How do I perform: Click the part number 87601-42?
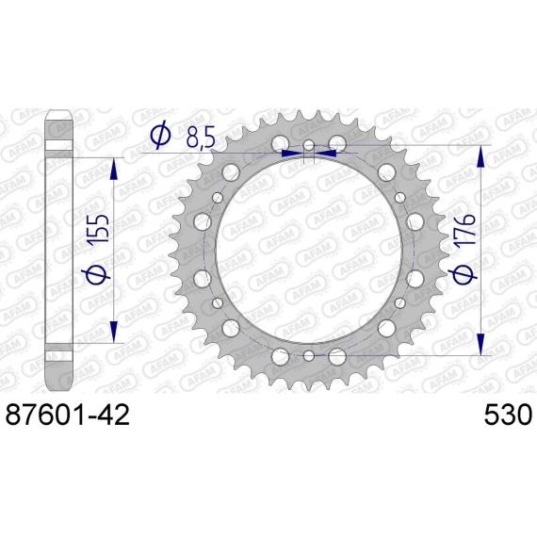click(x=68, y=415)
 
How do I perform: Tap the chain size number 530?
click(x=508, y=415)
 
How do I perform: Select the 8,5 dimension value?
click(x=201, y=138)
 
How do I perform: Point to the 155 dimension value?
click(x=99, y=229)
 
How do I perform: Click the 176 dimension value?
click(x=464, y=230)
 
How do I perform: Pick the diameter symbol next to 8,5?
click(x=160, y=134)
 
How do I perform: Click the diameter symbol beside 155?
click(x=98, y=272)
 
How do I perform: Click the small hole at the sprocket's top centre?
click(x=309, y=145)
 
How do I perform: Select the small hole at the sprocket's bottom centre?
click(x=309, y=355)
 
